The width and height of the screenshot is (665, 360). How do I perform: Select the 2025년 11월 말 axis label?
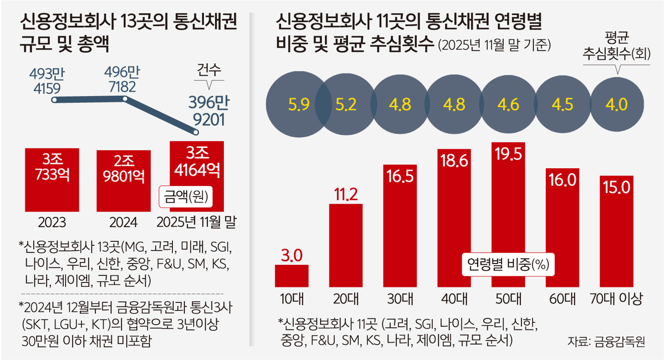click(197, 223)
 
